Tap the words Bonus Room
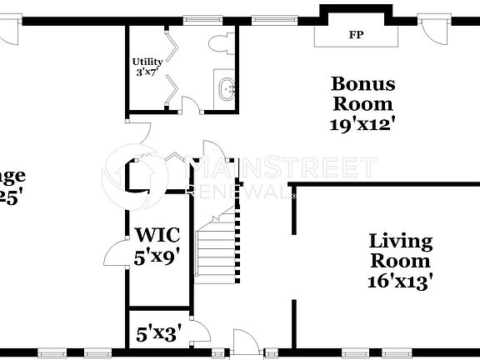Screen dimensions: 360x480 click(x=362, y=93)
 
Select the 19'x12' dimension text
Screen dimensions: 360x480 click(x=362, y=124)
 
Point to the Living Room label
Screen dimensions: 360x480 click(x=401, y=251)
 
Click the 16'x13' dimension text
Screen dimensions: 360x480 click(x=401, y=282)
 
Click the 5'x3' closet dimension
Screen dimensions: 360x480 click(x=157, y=334)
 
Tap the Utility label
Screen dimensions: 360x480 click(x=147, y=61)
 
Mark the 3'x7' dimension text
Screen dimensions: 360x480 click(x=147, y=72)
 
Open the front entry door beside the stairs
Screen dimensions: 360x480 click(x=246, y=342)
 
